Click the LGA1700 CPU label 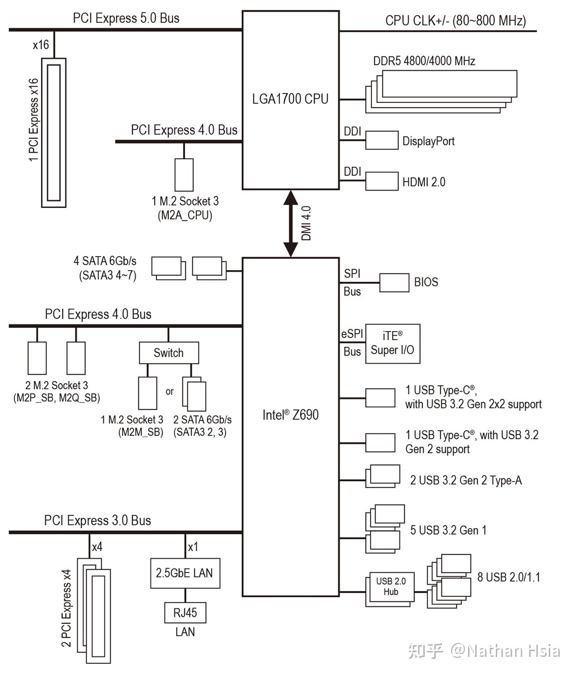290,99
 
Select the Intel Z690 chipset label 291,415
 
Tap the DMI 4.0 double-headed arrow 291,224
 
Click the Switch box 169,353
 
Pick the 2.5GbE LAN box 185,573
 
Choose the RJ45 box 185,612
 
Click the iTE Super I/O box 393,344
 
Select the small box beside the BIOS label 394,283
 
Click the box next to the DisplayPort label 382,140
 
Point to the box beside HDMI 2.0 382,181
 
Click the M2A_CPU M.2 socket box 184,175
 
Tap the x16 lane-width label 41,44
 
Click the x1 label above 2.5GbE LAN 193,546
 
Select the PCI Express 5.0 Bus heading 126,18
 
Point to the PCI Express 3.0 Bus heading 97,520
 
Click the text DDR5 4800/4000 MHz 424,61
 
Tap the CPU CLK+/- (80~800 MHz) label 456,21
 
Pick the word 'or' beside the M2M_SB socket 169,391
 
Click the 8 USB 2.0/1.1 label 509,577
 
